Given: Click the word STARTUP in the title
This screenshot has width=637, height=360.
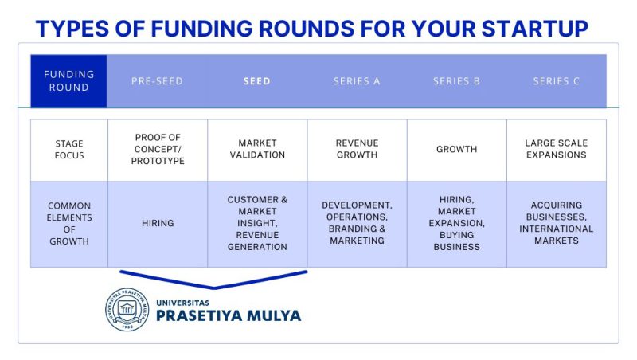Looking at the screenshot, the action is point(534,29).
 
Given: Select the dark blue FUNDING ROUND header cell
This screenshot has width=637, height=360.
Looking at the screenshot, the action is point(68,81).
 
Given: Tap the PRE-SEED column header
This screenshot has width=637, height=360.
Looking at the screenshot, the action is point(157,81).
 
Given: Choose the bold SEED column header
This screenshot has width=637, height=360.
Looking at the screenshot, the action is point(256,81).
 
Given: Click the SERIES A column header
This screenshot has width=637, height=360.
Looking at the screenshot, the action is point(357,81).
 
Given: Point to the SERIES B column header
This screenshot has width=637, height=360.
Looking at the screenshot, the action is point(456,81).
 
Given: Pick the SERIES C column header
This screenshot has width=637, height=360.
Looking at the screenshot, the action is point(556,81).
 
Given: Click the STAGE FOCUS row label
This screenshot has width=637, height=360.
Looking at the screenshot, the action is point(69,150).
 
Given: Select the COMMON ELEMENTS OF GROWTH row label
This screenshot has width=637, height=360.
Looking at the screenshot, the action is point(69,224).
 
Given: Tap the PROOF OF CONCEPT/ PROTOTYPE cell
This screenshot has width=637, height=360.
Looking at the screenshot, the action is point(158,150).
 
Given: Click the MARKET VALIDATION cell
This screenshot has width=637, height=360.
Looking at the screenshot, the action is point(257,150).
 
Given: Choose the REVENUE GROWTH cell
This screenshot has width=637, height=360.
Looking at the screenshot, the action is point(357,150).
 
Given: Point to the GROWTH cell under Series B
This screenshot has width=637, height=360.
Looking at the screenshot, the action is point(456,150).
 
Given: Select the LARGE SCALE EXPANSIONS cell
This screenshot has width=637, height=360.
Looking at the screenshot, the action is point(557,150).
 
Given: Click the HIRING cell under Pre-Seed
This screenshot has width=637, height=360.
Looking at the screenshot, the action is point(158,224).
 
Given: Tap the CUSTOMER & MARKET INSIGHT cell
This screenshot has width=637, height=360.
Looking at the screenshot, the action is point(257,224).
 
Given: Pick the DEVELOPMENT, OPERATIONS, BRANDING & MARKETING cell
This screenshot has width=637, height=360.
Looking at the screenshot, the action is point(357,224).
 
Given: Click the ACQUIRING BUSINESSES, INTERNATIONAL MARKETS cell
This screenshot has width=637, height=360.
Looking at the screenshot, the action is point(557,224).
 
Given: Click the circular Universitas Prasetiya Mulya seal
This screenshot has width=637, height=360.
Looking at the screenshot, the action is point(127,310).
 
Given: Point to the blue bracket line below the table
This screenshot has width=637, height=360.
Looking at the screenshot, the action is point(213,288).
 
